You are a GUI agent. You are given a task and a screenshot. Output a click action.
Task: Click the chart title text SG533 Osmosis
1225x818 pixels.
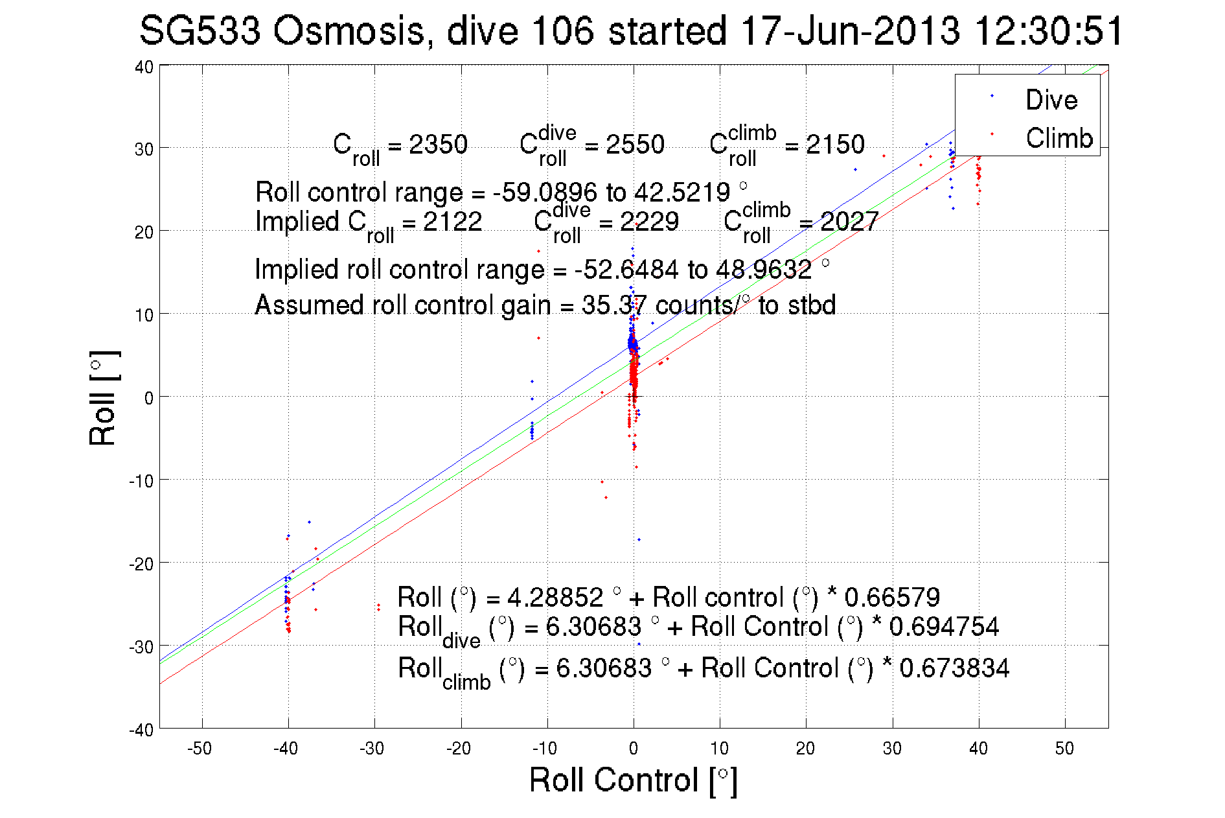coord(282,31)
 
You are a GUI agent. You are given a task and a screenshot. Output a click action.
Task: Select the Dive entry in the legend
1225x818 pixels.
coord(1051,100)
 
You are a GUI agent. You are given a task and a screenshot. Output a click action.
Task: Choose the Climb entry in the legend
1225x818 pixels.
coord(1059,138)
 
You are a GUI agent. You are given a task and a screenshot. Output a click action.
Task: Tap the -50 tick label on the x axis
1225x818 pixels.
coord(200,749)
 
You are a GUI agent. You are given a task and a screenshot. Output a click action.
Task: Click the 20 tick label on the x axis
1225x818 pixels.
coord(805,749)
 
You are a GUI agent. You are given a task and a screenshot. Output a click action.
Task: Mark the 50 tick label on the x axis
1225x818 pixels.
coord(1064,749)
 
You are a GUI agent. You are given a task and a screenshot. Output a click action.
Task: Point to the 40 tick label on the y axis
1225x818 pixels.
coord(144,67)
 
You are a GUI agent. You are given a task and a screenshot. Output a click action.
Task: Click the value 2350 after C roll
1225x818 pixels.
coord(438,145)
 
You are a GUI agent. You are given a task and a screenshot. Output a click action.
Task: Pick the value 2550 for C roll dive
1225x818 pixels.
coord(635,145)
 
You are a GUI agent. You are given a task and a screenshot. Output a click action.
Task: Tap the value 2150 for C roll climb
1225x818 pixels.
coord(835,145)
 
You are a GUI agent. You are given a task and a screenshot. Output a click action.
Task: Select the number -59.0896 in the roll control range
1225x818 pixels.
coord(545,193)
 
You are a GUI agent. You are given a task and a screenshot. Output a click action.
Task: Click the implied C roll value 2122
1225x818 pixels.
coord(452,222)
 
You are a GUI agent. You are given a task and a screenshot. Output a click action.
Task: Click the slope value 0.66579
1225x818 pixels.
coord(892,597)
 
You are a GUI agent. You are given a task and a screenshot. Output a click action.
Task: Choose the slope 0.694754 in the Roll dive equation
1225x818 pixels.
coord(944,627)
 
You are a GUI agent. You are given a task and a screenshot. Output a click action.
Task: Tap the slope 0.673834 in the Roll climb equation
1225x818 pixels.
coord(954,668)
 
